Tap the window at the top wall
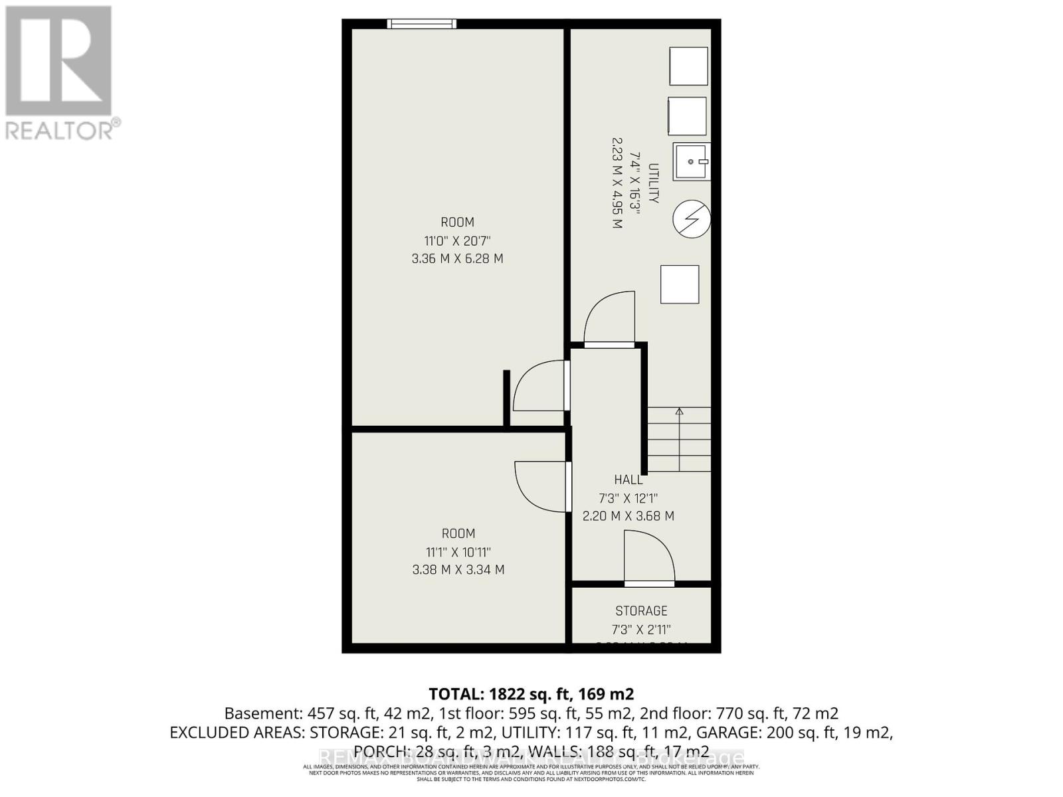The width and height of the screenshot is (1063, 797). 422,24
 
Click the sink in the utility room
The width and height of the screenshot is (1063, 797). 692,161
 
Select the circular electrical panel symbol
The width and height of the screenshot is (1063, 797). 692,219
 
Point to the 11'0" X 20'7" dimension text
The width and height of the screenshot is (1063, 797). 457,240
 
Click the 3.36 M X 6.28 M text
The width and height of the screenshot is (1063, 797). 457,258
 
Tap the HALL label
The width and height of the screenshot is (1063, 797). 628,480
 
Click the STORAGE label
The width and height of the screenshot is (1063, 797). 641,610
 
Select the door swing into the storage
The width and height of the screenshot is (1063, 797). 649,558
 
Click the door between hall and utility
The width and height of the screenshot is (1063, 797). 609,319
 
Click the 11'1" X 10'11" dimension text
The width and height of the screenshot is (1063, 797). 458,552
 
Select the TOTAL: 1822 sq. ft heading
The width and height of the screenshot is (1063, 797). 531,694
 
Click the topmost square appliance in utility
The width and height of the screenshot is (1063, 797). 688,66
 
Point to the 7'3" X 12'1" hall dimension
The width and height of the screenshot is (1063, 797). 628,498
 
